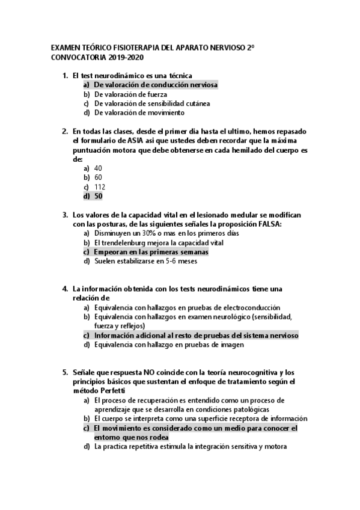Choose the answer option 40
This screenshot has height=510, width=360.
pos(98,168)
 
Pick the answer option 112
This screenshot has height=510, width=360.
pos(100,186)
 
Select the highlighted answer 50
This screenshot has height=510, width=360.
pos(98,196)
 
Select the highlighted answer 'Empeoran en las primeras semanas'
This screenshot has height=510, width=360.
pos(151,252)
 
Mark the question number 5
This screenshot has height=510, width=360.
pos(65,372)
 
